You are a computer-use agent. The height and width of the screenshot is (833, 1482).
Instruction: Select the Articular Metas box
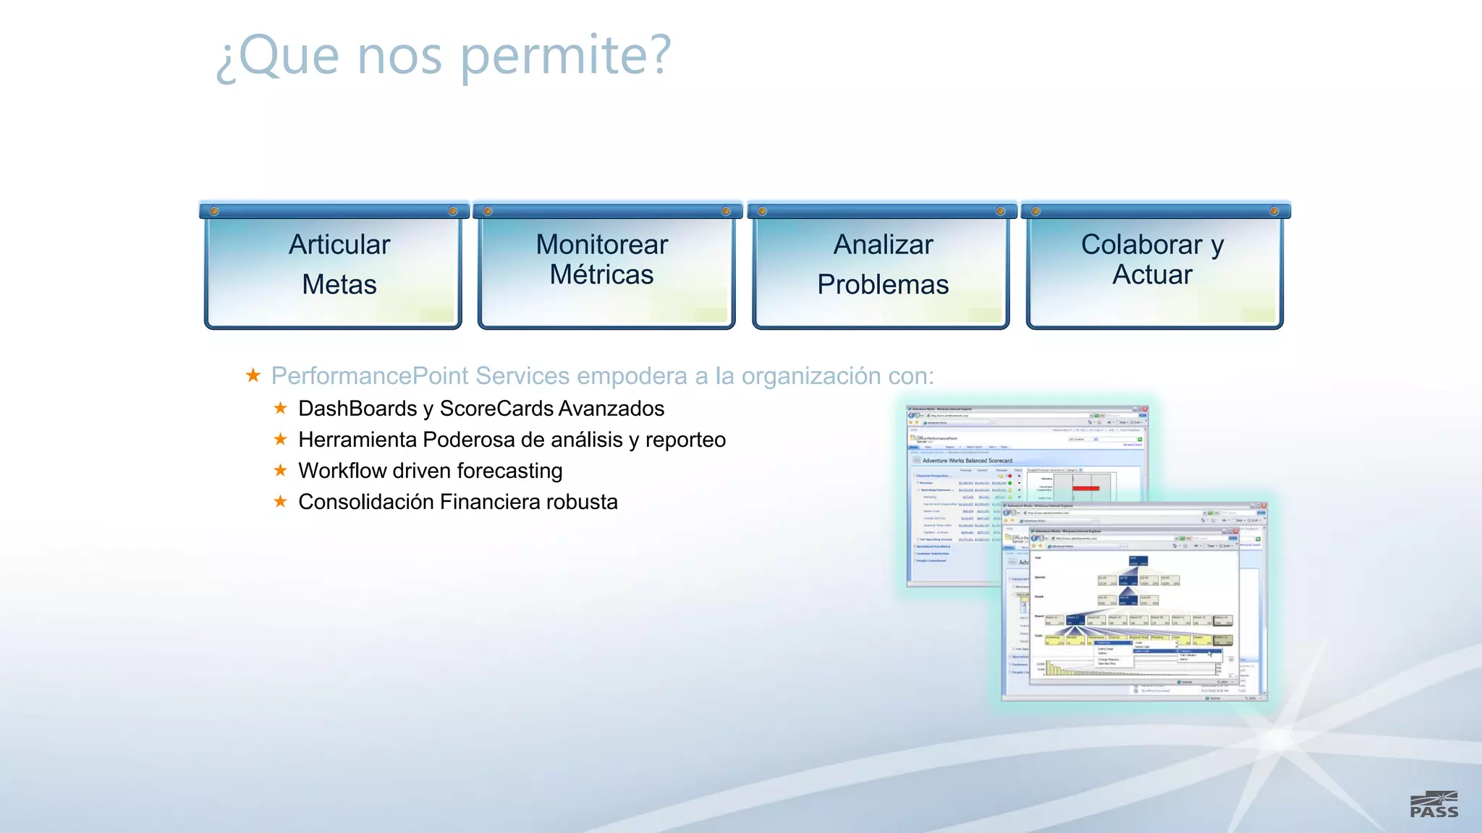click(x=334, y=268)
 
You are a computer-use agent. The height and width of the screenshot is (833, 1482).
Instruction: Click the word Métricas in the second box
click(x=601, y=275)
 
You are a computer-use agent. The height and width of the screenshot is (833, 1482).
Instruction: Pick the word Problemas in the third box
click(x=883, y=284)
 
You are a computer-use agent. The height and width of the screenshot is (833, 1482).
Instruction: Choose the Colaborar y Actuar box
click(x=1154, y=268)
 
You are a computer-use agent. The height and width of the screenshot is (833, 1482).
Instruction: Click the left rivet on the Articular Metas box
click(x=214, y=211)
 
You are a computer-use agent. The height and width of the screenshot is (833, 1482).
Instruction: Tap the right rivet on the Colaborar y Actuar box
click(x=1274, y=211)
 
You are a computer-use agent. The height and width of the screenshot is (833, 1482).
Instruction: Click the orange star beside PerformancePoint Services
click(x=253, y=375)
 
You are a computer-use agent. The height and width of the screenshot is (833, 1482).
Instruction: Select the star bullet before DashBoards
click(x=281, y=408)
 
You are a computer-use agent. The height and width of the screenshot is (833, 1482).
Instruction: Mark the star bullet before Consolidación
click(x=281, y=501)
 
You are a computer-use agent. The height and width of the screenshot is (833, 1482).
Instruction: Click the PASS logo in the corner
click(x=1434, y=805)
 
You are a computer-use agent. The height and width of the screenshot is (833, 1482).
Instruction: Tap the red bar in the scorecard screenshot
click(x=1085, y=489)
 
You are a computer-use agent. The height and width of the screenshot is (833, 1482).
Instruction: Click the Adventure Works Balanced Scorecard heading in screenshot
click(x=967, y=461)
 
